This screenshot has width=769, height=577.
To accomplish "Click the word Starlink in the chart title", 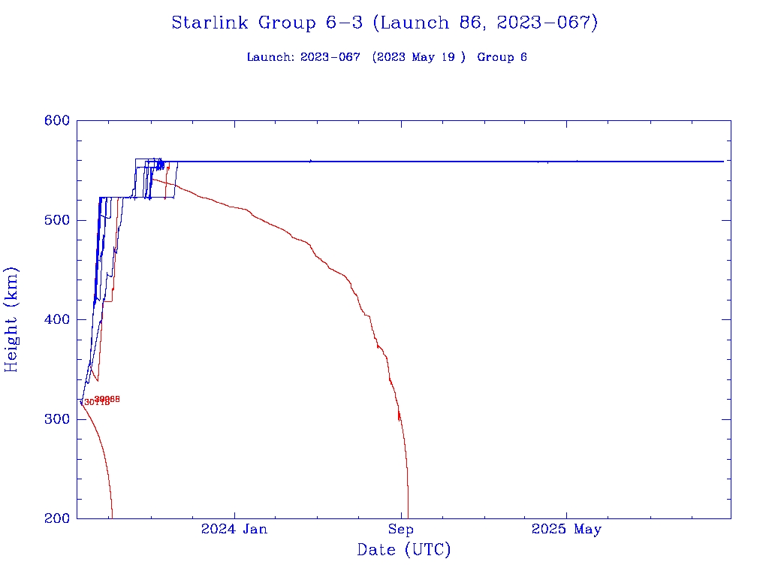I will [x=211, y=23].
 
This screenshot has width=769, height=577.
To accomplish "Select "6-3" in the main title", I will [x=342, y=23].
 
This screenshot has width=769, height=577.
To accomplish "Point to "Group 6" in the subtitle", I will [x=502, y=57].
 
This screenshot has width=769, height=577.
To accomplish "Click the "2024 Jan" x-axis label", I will [x=234, y=530].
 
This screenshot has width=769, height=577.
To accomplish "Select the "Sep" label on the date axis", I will [x=401, y=530].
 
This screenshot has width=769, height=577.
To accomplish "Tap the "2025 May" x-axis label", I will [x=566, y=530].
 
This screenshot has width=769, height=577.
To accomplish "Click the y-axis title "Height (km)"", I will [x=12, y=319].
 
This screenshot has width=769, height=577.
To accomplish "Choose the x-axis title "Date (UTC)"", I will [x=404, y=551].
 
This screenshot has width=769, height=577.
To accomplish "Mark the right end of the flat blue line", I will [x=723, y=162].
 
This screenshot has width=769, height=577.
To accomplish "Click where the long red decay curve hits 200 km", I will [x=408, y=517].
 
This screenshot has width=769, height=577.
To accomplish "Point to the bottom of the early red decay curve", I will [x=112, y=517].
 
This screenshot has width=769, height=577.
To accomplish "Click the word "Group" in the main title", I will [x=285, y=23].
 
